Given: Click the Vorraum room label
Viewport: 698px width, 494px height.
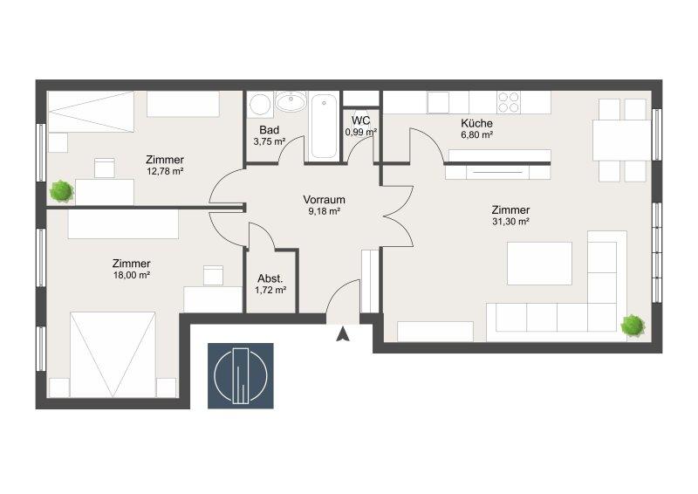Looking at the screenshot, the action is tap(324, 200).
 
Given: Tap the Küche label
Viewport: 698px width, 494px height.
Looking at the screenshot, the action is tap(476, 123).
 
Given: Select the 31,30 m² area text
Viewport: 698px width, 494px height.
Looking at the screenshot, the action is tap(510, 222).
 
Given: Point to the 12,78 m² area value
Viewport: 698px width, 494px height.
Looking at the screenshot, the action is tap(165, 171).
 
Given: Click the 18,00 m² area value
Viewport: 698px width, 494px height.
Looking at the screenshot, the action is tap(132, 275).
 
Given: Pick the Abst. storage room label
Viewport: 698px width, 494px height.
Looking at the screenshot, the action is tap(270, 278).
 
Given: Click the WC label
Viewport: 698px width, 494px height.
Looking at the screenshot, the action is tap(360, 120).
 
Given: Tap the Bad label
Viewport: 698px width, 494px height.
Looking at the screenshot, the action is tap(270, 130).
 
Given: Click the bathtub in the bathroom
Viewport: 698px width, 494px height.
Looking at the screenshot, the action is tap(324, 126).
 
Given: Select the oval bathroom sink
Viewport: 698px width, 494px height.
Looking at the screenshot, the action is tap(291, 102).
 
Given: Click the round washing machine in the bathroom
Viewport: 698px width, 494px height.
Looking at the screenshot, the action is tap(260, 105).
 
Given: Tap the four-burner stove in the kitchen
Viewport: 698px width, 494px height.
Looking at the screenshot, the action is tap(509, 102).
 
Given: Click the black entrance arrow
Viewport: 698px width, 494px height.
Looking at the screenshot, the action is tap(343, 333).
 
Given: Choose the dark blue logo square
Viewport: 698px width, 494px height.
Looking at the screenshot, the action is tap(241, 376).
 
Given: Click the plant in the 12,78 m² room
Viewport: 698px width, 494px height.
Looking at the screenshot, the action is tap(61, 191).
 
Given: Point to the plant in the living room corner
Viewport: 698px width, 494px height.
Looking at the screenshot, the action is tap(633, 326).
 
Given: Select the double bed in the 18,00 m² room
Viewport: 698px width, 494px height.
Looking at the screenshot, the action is tap(113, 354).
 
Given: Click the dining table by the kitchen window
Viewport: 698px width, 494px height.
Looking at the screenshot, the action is tap(622, 141).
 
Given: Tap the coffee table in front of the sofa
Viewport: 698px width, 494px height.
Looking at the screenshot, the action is tap(539, 264).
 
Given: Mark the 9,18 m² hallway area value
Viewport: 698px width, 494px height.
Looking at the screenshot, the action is tap(325, 211).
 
